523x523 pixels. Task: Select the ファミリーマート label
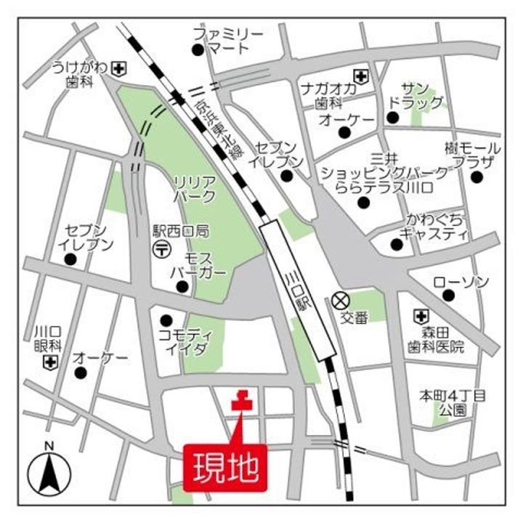[x=227, y=41]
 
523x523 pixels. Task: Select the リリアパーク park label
[x=194, y=187]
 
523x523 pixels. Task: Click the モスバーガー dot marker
[x=182, y=286]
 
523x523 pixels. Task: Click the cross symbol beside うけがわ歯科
[x=118, y=69]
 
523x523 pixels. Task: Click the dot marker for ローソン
[x=448, y=295]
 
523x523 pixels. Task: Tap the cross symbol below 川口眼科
[x=50, y=361]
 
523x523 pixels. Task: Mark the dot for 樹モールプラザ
[x=477, y=177]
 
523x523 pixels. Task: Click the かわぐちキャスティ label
[x=436, y=226]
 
